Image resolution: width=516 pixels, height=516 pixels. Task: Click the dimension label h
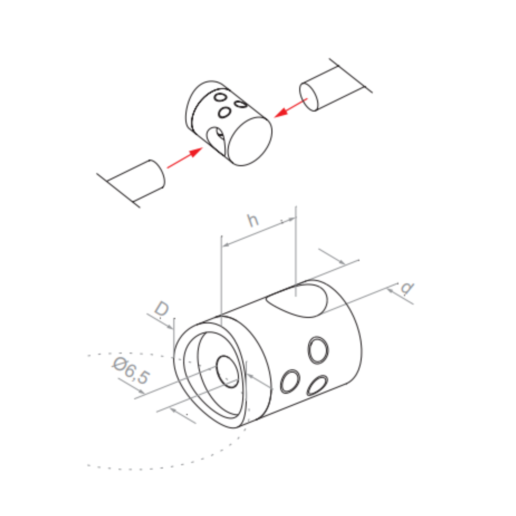(x=253, y=220)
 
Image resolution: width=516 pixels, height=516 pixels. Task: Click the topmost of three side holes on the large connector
(x=318, y=350)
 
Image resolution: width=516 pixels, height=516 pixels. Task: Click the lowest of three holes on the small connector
(x=224, y=112)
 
